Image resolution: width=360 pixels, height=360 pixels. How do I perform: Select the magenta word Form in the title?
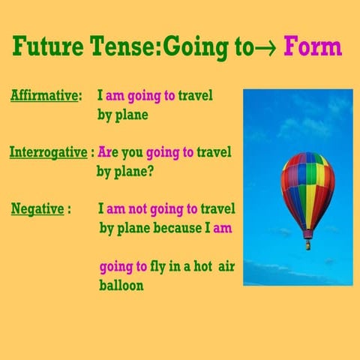point(310,47)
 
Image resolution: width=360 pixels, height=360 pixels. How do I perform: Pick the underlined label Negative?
point(37,208)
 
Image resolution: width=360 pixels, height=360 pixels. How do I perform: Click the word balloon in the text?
point(121,285)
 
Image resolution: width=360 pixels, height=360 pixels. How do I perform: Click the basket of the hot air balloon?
point(307,244)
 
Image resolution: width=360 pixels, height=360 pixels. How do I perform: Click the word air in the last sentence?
point(226,266)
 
